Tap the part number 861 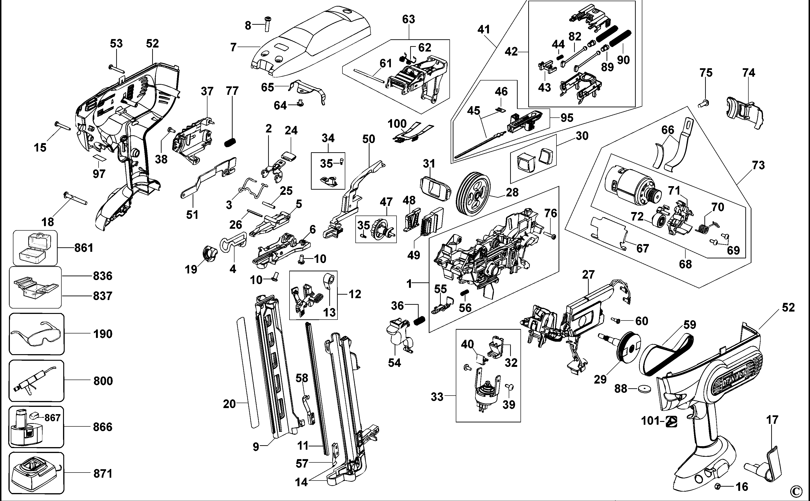84,248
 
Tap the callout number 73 758,165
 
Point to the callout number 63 408,19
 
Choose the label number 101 650,421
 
